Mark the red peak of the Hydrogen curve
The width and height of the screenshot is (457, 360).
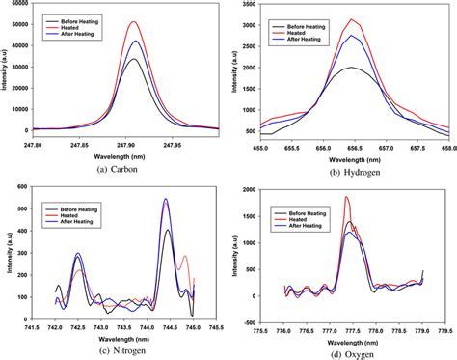coord(353,19)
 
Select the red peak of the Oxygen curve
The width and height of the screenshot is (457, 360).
coord(346,197)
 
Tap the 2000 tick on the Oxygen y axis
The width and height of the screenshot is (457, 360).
coord(256,186)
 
